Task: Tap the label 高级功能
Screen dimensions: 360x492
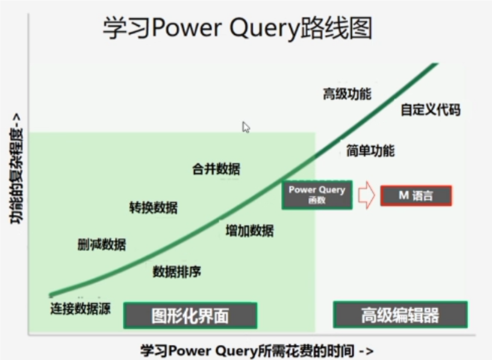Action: pyautogui.click(x=347, y=95)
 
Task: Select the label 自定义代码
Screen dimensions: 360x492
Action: pyautogui.click(x=430, y=110)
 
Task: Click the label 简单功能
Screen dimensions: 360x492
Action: pyautogui.click(x=370, y=151)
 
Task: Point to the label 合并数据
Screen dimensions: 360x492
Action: pyautogui.click(x=216, y=169)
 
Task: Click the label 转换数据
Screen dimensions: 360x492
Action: pyautogui.click(x=153, y=208)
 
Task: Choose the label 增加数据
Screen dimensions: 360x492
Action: pyautogui.click(x=249, y=231)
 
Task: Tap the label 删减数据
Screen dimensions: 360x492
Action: pyautogui.click(x=102, y=244)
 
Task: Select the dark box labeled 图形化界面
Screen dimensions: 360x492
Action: pyautogui.click(x=190, y=315)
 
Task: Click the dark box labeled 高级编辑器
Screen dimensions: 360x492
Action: pyautogui.click(x=400, y=315)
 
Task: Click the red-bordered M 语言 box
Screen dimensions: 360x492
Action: pyautogui.click(x=416, y=196)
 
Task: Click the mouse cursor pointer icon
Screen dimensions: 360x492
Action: pyautogui.click(x=246, y=127)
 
